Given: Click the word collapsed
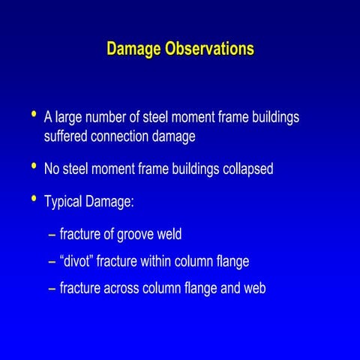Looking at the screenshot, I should point(247,169).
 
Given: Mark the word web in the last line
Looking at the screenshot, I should point(253,288).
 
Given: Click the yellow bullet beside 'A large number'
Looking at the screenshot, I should point(33,114).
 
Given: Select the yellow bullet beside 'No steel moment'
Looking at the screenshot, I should point(33,166).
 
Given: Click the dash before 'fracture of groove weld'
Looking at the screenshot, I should point(51,235).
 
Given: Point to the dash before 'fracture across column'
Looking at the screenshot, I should point(51,289).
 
